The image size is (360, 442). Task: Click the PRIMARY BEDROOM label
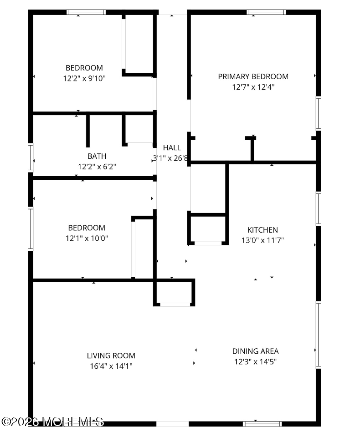pos(253,76)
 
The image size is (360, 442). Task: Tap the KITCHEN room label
pos(262,230)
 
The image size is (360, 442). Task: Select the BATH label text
pos(97,156)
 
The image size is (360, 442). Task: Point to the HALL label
pos(172,147)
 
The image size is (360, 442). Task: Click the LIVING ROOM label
pos(111,356)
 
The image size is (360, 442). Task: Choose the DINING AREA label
pos(255,351)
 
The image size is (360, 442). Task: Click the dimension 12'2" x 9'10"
pos(84,78)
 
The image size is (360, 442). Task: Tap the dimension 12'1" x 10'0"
pos(87,238)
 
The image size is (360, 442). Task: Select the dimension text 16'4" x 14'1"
pos(111,366)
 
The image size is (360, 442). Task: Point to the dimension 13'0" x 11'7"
pos(262,240)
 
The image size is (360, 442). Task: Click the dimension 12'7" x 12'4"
pos(253,87)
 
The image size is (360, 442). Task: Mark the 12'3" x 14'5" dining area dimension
pos(255,362)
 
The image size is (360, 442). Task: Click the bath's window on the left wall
pos(31,157)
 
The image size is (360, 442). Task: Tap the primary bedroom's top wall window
pos(267,12)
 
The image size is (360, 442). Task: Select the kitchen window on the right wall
pos(319,208)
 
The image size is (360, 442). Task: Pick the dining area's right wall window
pos(319,335)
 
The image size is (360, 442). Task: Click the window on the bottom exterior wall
pos(262,423)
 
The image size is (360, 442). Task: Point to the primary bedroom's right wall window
pos(319,113)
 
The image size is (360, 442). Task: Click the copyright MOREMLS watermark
pos(52,422)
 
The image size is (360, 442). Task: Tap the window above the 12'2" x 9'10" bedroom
pos(86,12)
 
